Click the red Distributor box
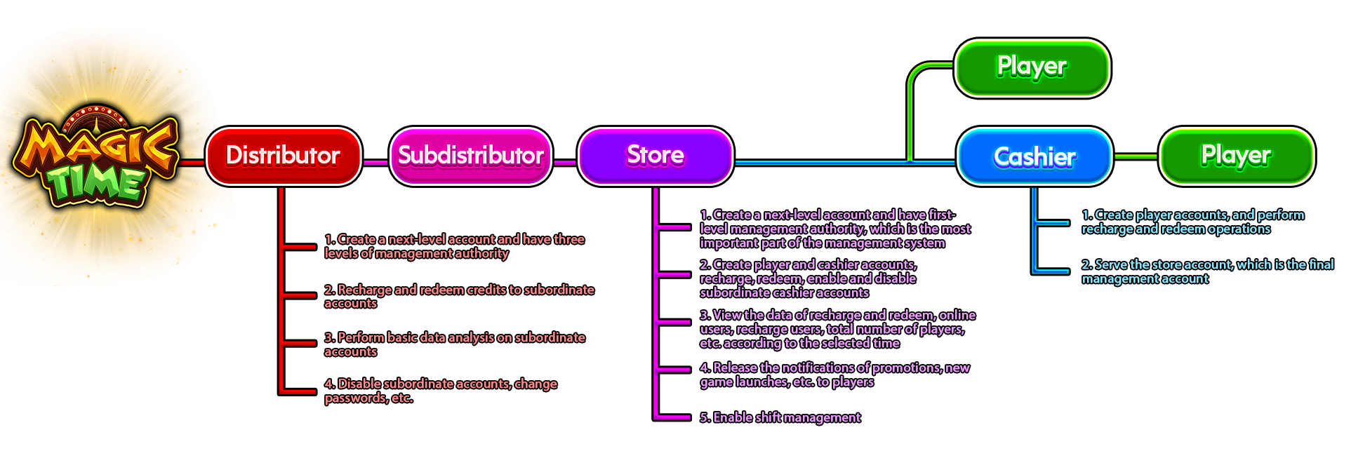[283, 156]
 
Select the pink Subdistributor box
[470, 156]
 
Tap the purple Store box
[655, 156]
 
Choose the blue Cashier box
[1034, 157]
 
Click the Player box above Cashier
[1032, 67]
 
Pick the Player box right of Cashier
[1235, 156]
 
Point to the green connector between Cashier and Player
[1135, 156]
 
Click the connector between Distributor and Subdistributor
[375, 162]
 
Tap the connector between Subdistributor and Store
[565, 162]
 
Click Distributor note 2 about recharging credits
[459, 296]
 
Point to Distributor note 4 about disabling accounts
[440, 391]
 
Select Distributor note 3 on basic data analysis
[454, 344]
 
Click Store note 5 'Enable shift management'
[780, 418]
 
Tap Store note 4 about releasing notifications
[834, 375]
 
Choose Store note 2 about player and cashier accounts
[808, 278]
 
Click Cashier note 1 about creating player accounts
[1192, 222]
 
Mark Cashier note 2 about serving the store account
[1206, 271]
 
